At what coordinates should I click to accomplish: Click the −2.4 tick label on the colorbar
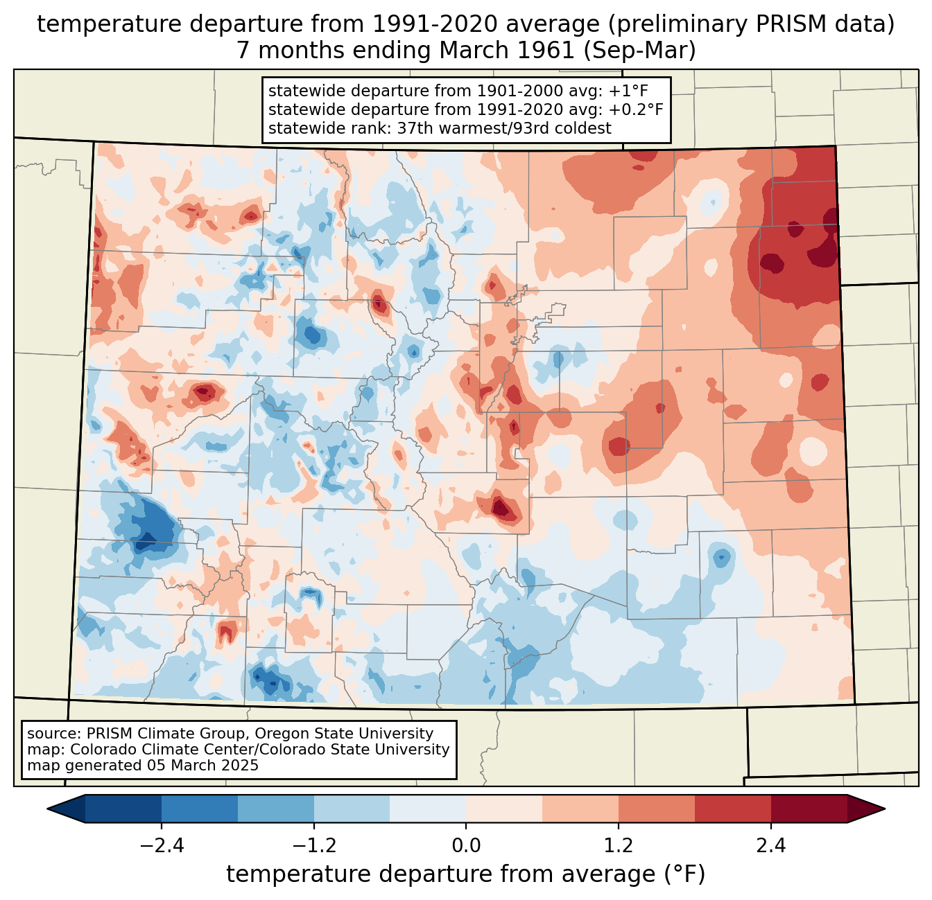(x=162, y=846)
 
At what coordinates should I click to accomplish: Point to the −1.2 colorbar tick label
(x=313, y=846)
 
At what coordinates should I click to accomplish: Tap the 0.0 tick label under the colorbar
(x=466, y=846)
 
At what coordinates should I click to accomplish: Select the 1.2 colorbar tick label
(x=619, y=846)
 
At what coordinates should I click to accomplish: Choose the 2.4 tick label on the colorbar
(x=770, y=846)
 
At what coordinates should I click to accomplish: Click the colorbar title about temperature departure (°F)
(x=465, y=874)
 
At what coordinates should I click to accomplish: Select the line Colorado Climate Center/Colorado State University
(x=260, y=750)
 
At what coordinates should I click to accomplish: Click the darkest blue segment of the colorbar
(x=123, y=809)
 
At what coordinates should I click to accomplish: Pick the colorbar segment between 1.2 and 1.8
(x=656, y=809)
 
